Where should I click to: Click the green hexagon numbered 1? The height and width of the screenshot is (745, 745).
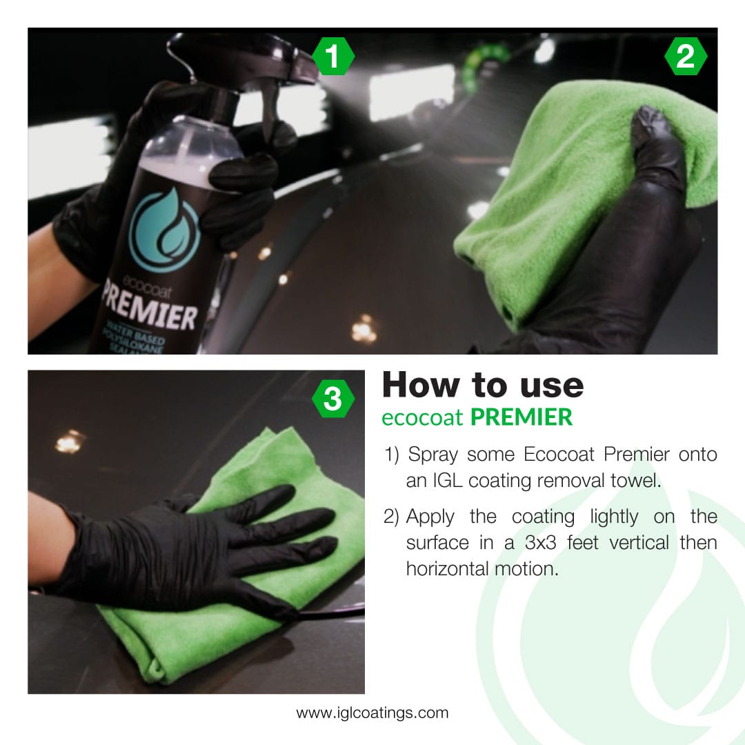333,57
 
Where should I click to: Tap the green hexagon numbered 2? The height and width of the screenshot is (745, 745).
685,57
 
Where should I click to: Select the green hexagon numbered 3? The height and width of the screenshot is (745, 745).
333,399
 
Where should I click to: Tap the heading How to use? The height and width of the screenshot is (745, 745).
482,385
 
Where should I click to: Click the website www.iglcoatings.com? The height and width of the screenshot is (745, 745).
372,713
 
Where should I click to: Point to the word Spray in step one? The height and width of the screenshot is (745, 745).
433,455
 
